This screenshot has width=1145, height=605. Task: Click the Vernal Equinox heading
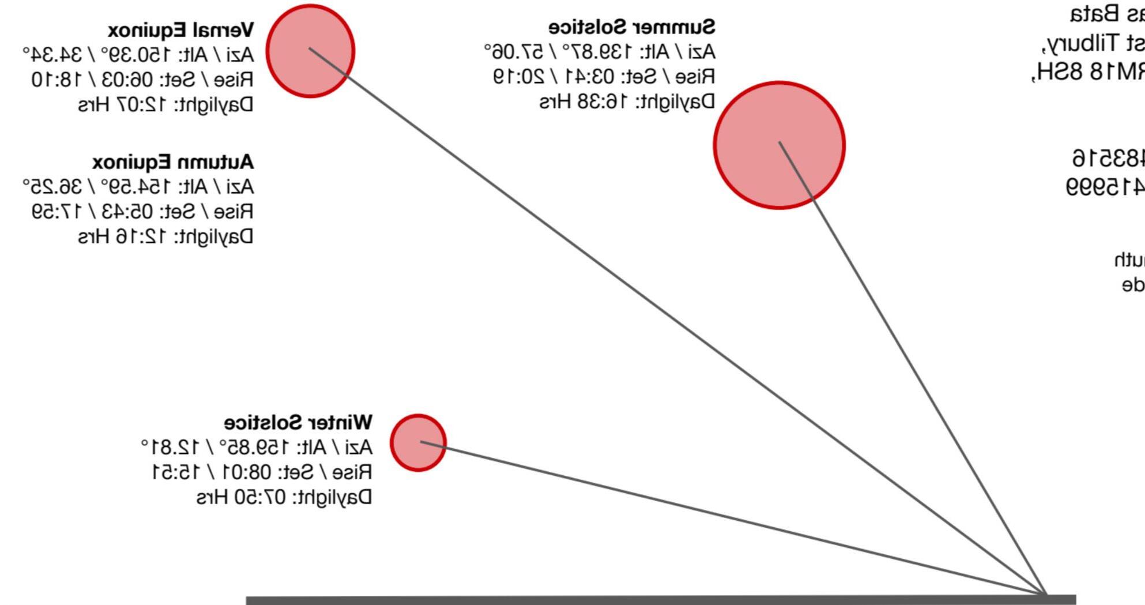(x=180, y=30)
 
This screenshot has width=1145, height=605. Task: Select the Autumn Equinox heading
(x=173, y=162)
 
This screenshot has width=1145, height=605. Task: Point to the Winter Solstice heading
(x=298, y=423)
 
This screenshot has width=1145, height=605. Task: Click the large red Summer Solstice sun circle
(x=779, y=145)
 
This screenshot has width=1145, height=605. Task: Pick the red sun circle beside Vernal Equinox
(x=310, y=51)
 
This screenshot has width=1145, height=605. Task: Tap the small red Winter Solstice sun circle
(x=418, y=442)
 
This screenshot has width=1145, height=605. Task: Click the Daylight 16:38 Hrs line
(x=627, y=102)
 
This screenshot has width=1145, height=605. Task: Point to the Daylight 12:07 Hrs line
(x=165, y=105)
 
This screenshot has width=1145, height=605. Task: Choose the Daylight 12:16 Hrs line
(x=165, y=236)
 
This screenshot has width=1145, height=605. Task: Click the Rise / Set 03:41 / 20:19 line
(x=604, y=77)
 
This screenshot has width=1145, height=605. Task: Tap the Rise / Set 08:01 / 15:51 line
(x=262, y=472)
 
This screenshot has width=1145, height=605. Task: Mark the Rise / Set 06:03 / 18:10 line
(x=142, y=80)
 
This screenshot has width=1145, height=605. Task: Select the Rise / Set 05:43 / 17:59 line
(x=142, y=212)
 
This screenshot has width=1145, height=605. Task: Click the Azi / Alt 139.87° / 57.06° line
(x=600, y=52)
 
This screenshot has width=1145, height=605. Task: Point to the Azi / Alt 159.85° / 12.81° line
(x=257, y=448)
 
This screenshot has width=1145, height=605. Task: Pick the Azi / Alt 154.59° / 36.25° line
(x=138, y=187)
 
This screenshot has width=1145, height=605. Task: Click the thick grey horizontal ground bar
(x=660, y=600)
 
